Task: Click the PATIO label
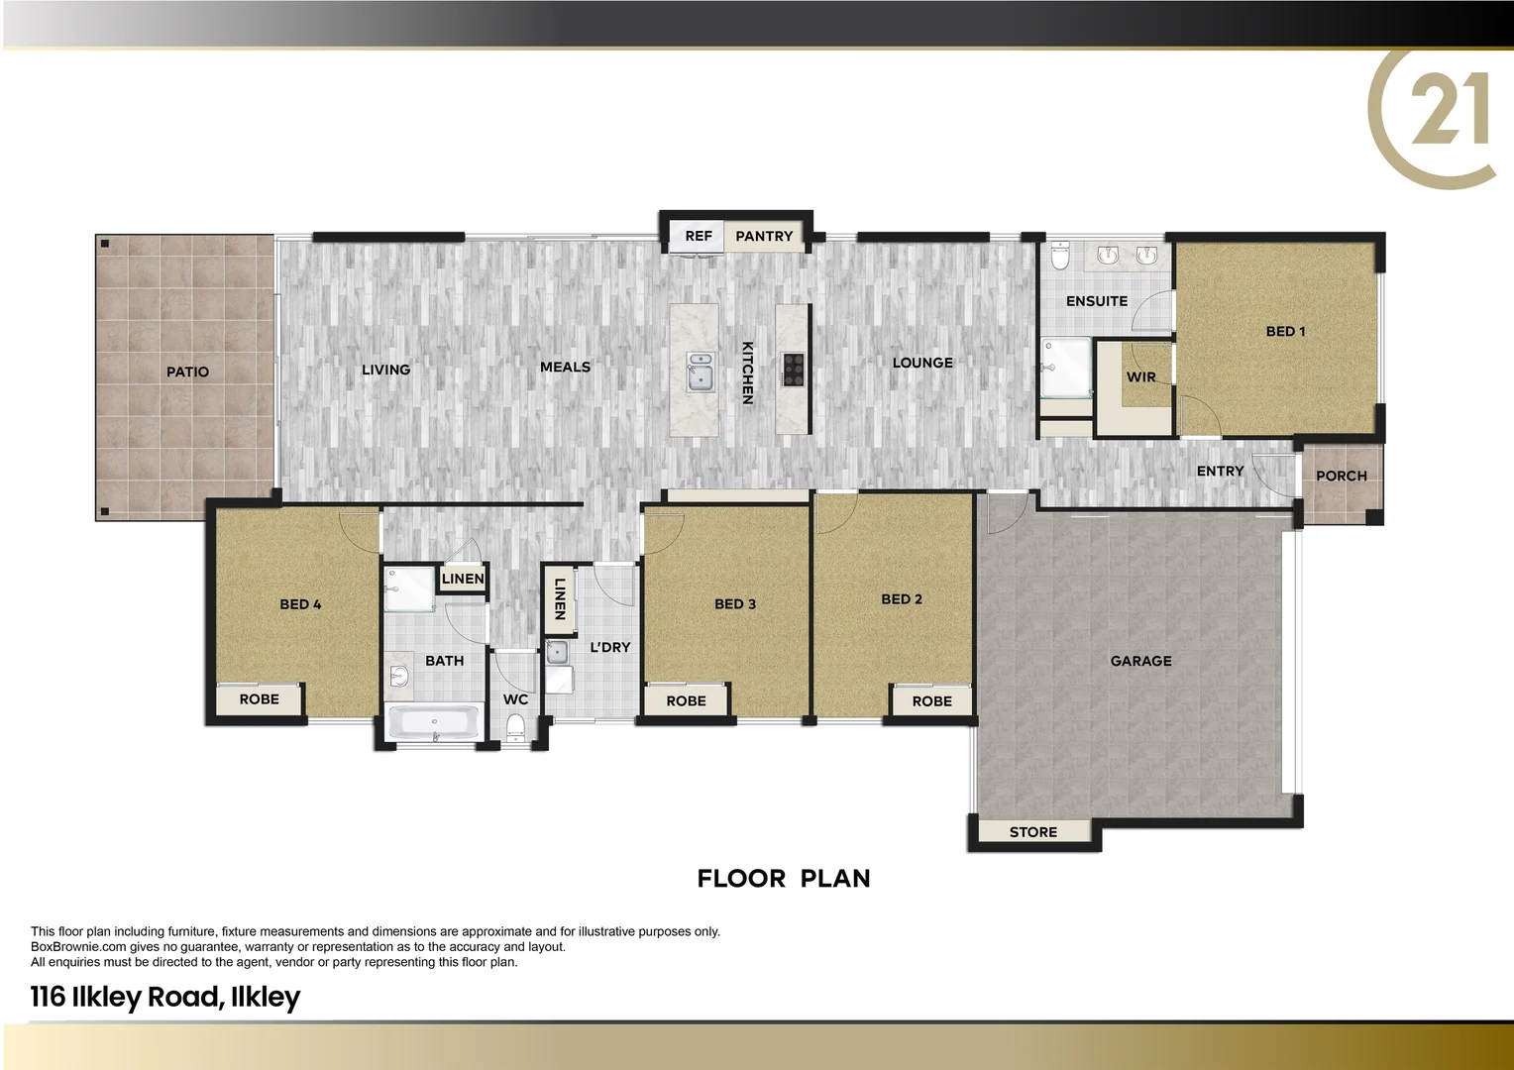187,372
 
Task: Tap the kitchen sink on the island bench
701,372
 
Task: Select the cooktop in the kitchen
793,369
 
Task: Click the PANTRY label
764,236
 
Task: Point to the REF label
699,236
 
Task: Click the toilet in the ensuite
1060,256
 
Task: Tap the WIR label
1140,376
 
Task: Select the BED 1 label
1285,331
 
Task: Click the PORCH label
1341,476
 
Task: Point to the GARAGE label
1140,661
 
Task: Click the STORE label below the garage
1032,832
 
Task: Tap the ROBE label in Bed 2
931,701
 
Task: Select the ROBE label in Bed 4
259,699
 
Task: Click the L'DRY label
609,647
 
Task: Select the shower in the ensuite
1063,368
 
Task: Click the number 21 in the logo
1449,111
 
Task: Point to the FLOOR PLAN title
783,879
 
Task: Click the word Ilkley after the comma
265,997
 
